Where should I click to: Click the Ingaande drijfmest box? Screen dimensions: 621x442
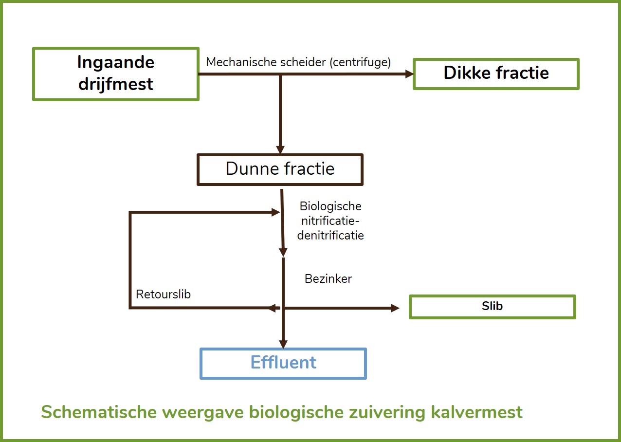click(116, 74)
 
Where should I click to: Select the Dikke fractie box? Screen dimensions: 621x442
click(496, 74)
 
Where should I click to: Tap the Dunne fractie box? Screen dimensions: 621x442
click(280, 169)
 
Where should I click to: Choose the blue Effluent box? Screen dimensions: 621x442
click(283, 364)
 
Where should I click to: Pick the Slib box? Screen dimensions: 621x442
click(493, 307)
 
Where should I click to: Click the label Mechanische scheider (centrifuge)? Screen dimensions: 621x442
click(298, 62)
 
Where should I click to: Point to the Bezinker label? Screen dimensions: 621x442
click(328, 278)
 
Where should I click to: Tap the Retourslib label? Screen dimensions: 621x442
click(164, 294)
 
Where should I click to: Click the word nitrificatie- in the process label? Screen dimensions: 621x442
click(330, 221)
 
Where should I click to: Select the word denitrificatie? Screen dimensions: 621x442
click(330, 236)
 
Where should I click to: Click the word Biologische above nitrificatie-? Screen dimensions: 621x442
click(330, 206)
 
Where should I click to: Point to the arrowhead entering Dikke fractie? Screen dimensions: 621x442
click(409, 74)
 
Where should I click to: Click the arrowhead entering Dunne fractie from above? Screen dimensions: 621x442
click(280, 149)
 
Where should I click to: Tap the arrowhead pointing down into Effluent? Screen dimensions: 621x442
click(283, 344)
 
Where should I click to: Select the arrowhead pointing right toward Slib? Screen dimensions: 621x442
click(395, 308)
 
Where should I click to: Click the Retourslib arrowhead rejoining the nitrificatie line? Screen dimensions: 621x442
click(275, 212)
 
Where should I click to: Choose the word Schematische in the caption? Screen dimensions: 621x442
click(99, 412)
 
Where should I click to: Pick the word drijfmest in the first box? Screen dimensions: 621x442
click(116, 84)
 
